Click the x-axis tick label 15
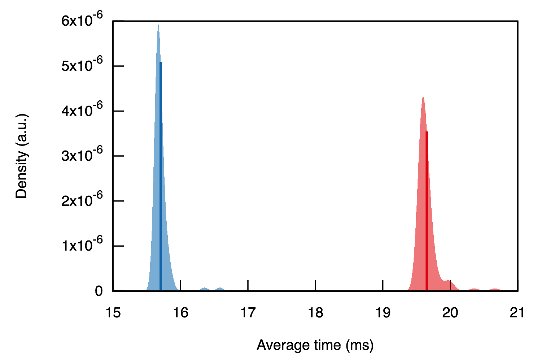coord(113,312)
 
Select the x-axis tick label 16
coord(180,312)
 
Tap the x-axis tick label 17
coord(248,312)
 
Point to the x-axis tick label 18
coord(315,312)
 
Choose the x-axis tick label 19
coord(383,312)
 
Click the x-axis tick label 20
coord(450,312)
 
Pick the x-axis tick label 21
coord(517,312)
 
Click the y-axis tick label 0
coord(99,291)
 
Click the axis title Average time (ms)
coord(315,345)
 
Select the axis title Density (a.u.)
coord(22,156)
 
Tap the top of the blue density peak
coord(158,26)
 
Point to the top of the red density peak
coord(423,97)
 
